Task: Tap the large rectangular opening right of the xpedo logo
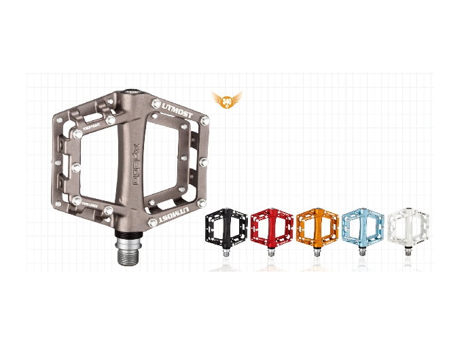170,163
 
